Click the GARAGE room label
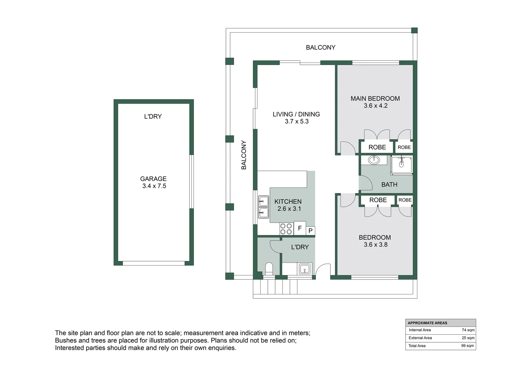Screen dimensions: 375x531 [x=153, y=179]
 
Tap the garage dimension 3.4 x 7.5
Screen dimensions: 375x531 [x=154, y=186]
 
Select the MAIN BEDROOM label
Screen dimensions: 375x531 [x=375, y=99]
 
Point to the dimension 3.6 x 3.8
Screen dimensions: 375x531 [x=375, y=245]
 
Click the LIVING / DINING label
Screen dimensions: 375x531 [x=296, y=114]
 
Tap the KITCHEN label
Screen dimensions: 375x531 [x=288, y=201]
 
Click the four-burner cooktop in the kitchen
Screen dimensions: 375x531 [x=286, y=229]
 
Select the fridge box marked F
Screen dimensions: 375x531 [x=300, y=228]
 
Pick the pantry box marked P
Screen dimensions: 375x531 [x=310, y=231]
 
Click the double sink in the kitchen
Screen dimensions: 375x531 [x=263, y=207]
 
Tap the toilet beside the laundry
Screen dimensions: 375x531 [x=269, y=269]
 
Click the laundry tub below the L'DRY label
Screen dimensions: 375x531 [x=305, y=269]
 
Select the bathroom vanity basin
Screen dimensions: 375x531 [x=374, y=160]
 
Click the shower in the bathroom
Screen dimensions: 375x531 [x=402, y=165]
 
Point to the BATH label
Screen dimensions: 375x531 [x=389, y=185]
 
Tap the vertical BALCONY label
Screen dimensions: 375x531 [x=244, y=155]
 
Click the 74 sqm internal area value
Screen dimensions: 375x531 [x=468, y=330]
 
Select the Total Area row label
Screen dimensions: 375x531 [x=417, y=346]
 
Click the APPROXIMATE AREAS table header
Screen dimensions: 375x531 [x=427, y=323]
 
